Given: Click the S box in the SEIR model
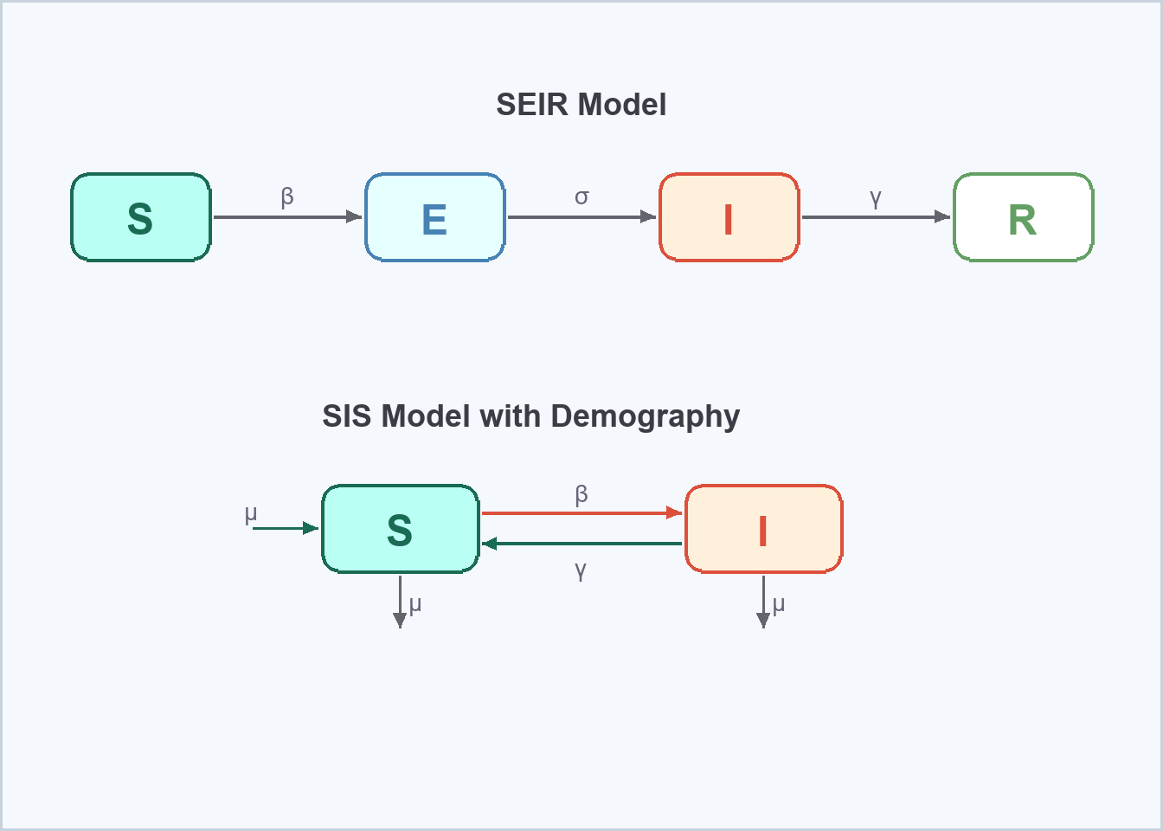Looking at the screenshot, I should click(141, 217).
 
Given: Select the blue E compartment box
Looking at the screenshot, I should click(434, 217).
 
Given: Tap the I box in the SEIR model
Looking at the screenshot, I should click(729, 217).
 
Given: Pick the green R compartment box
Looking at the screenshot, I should click(1023, 217).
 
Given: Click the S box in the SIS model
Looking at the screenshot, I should click(400, 529).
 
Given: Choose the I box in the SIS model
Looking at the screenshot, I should click(763, 529).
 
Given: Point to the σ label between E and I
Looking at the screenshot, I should click(581, 197).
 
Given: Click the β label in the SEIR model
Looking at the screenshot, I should click(287, 197).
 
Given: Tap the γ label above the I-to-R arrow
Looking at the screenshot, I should click(876, 197).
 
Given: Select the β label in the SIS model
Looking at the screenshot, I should click(581, 494).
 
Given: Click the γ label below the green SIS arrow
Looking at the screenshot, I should click(581, 570).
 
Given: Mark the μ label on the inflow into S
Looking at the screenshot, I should click(251, 514).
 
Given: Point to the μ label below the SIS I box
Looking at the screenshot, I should click(779, 603).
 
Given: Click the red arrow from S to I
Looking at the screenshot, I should click(581, 513).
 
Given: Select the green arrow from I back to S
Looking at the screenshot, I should click(581, 544).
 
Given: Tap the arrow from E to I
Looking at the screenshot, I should click(581, 217).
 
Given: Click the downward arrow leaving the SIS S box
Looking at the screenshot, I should click(400, 601).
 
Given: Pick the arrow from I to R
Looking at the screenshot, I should click(876, 217).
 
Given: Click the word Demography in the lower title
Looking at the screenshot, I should click(645, 416).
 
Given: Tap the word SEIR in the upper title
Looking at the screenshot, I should click(532, 105).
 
